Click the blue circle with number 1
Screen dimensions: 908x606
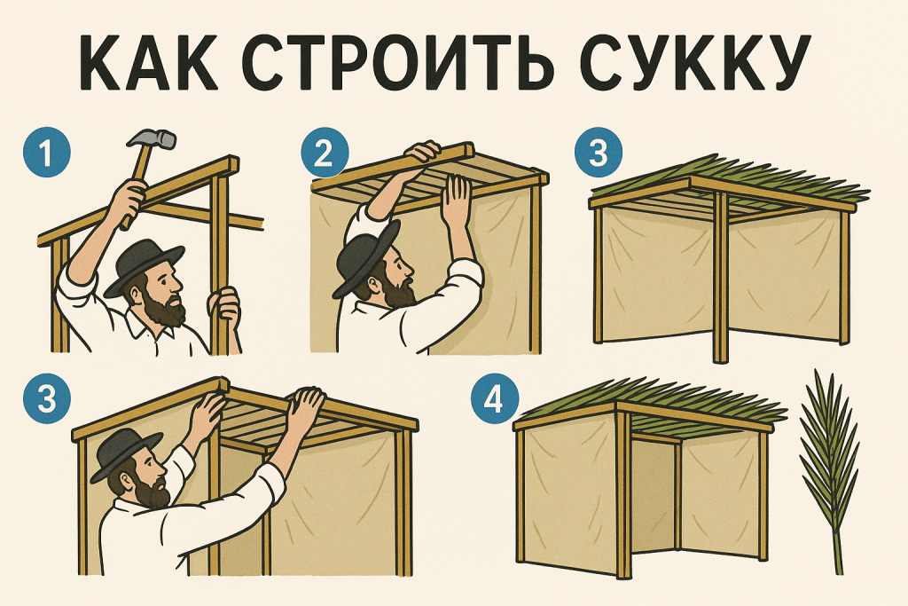[46, 153]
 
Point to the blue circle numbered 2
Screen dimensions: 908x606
[325, 153]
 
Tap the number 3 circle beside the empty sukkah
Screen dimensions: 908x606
[599, 153]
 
